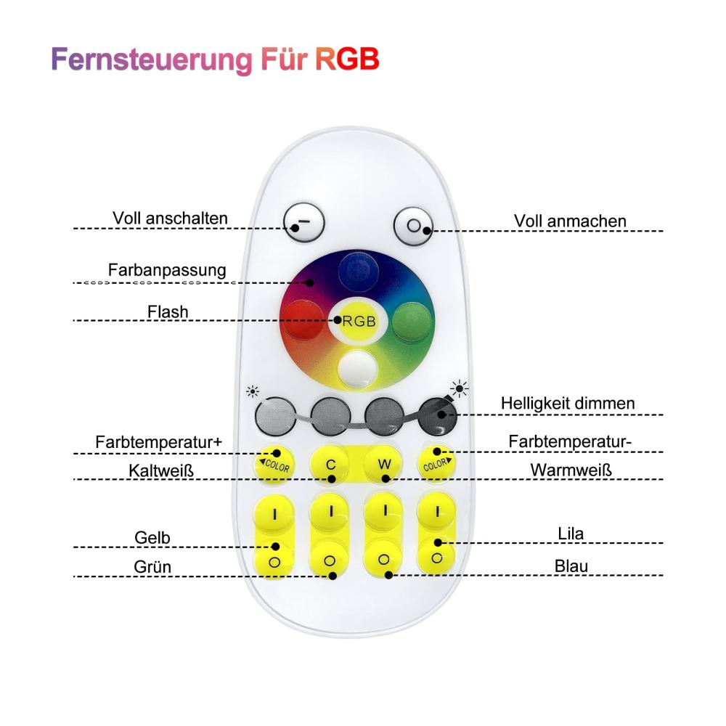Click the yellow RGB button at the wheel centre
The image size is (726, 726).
click(x=358, y=320)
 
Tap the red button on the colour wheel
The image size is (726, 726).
click(x=303, y=320)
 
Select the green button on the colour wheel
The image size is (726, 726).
click(x=412, y=322)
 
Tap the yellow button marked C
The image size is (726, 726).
click(x=330, y=465)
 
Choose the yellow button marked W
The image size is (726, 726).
click(x=384, y=464)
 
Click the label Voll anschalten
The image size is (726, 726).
click(x=170, y=219)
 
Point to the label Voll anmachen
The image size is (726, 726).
click(x=570, y=221)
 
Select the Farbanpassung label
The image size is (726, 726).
click(x=167, y=270)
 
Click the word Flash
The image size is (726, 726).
click(x=168, y=312)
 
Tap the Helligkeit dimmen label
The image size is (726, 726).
click(x=568, y=403)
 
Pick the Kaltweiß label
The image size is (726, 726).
click(x=160, y=470)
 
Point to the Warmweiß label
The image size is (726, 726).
click(x=571, y=470)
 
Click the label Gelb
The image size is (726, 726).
click(x=152, y=538)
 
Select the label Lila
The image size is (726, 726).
click(x=571, y=534)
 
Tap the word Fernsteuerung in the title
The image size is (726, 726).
click(x=152, y=60)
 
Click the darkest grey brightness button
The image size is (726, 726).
click(x=437, y=416)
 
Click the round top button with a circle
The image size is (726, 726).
click(x=414, y=226)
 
